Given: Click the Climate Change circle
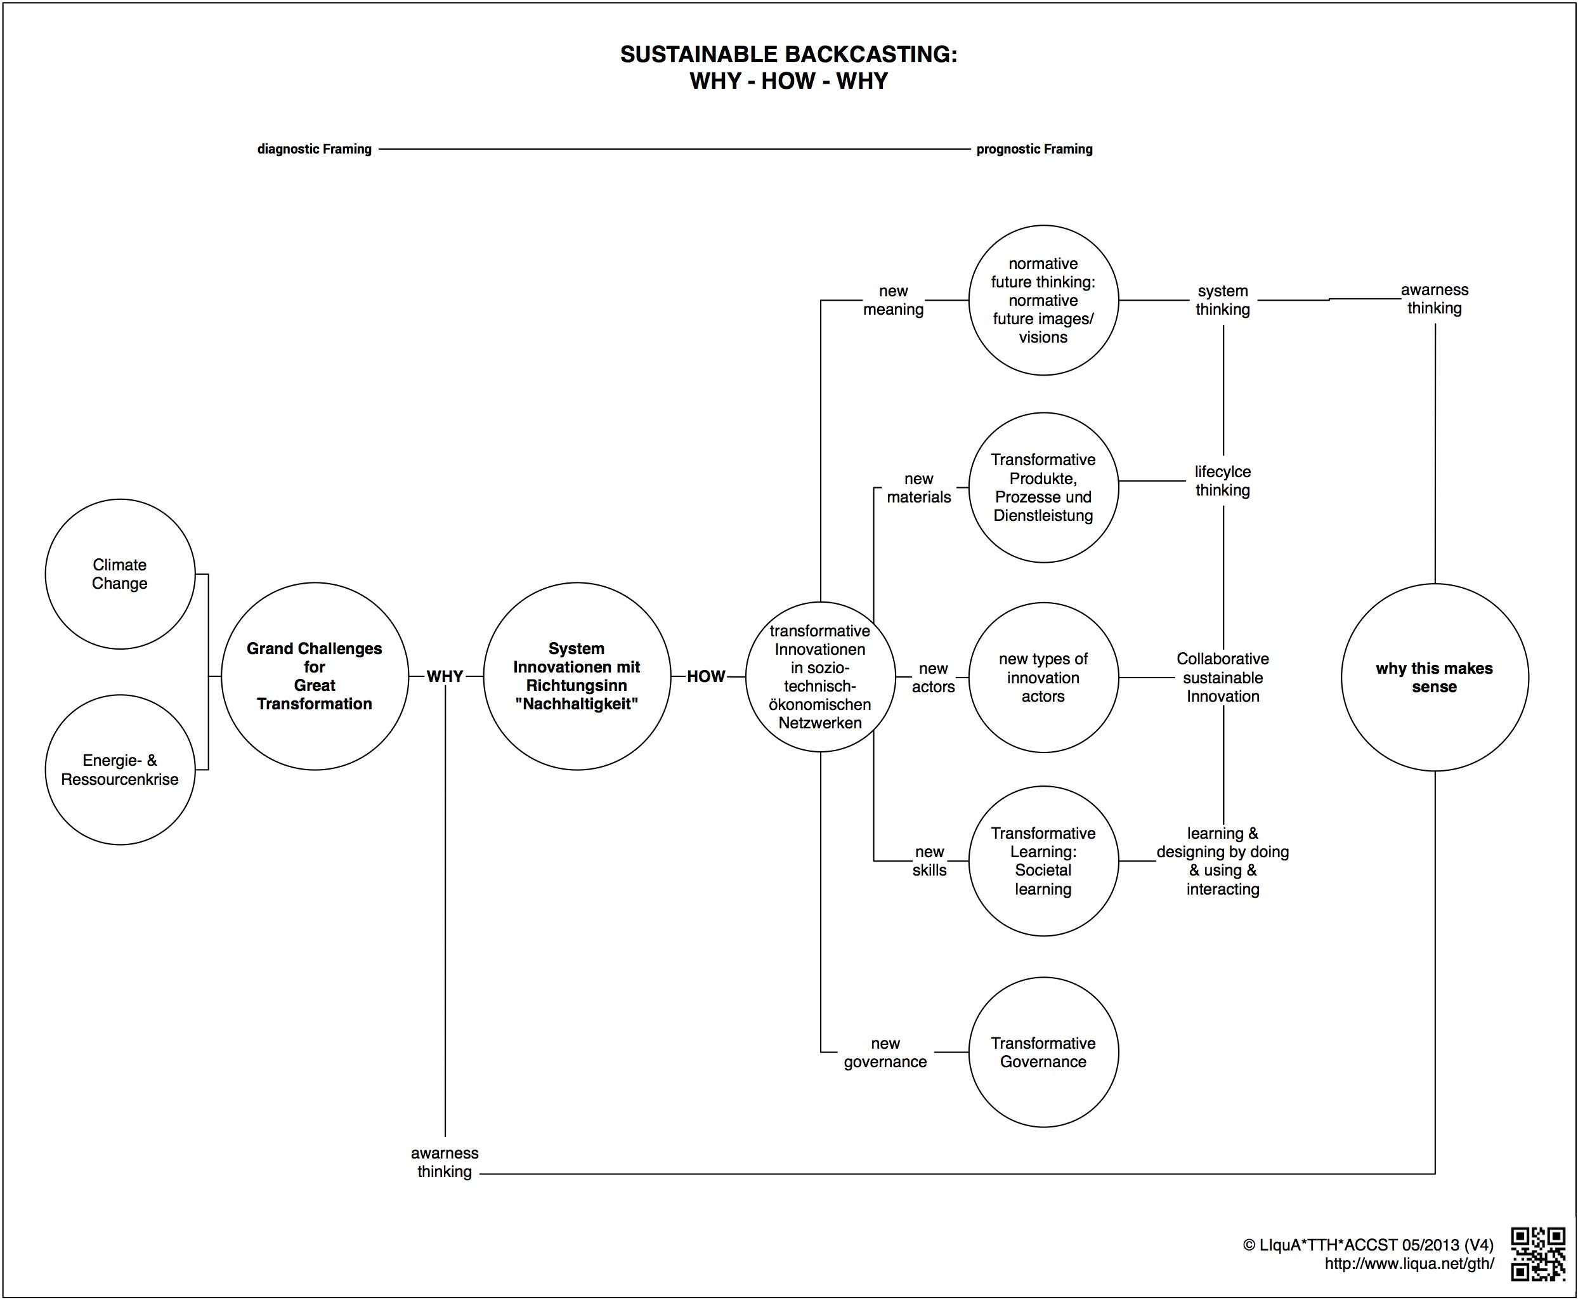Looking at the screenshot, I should pyautogui.click(x=120, y=574).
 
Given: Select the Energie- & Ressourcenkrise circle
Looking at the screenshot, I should pyautogui.click(x=120, y=770).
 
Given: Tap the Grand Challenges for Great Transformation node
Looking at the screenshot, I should pyautogui.click(x=315, y=676).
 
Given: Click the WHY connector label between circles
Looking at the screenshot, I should pyautogui.click(x=445, y=676).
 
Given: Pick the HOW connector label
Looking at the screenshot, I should pyautogui.click(x=706, y=676).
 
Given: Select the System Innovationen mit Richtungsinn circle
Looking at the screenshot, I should pyautogui.click(x=577, y=676).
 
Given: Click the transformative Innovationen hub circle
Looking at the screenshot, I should pyautogui.click(x=821, y=676).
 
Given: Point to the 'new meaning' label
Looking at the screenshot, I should pyautogui.click(x=893, y=300).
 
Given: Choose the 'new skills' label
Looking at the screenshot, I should pyautogui.click(x=929, y=861).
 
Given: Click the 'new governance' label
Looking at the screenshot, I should pyautogui.click(x=885, y=1052).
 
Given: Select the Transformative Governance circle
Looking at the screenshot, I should pyautogui.click(x=1043, y=1052).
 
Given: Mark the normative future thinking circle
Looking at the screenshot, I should pyautogui.click(x=1043, y=300).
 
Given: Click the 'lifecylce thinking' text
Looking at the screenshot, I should pyautogui.click(x=1222, y=481).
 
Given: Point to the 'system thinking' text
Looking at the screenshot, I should pyautogui.click(x=1222, y=300).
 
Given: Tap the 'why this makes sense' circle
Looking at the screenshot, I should pyautogui.click(x=1434, y=677).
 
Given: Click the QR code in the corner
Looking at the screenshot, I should pyautogui.click(x=1537, y=1254).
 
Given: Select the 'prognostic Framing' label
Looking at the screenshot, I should pyautogui.click(x=1034, y=149).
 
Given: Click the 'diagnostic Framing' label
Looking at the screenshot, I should pyautogui.click(x=315, y=149).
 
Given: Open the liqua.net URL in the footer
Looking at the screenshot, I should pyautogui.click(x=1409, y=1263).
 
